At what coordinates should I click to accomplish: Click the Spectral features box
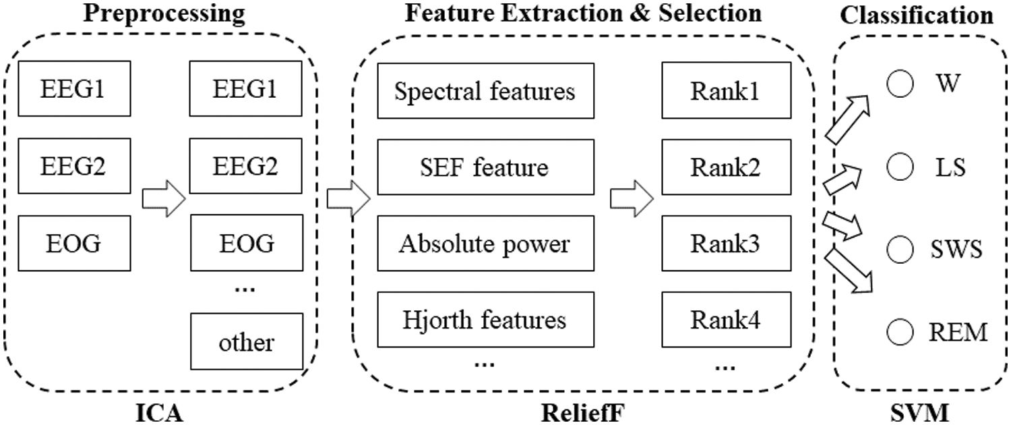[x=485, y=90]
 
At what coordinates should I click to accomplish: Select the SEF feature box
[x=485, y=167]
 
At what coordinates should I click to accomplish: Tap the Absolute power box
[x=485, y=244]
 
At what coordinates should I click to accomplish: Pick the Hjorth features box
[x=485, y=320]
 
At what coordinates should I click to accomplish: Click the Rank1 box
[x=725, y=90]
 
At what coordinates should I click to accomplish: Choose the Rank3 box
[x=725, y=244]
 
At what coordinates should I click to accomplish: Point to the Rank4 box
[x=725, y=320]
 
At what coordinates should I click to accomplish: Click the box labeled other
[x=246, y=342]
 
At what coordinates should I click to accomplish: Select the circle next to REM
[x=898, y=331]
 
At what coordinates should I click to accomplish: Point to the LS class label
[x=950, y=167]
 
